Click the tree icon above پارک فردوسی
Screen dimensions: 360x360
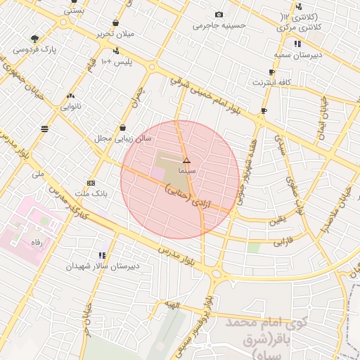(34, 39)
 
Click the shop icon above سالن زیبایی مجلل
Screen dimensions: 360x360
(124, 128)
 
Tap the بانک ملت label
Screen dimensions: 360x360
(90, 193)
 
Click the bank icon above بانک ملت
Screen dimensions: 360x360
(90, 181)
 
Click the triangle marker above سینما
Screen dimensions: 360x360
(186, 161)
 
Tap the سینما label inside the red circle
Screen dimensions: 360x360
(186, 171)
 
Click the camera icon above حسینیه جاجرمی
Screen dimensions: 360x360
(219, 15)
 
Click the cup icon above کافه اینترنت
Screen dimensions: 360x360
(271, 72)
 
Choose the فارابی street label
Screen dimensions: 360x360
(281, 241)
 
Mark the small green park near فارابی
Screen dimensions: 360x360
(253, 247)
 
